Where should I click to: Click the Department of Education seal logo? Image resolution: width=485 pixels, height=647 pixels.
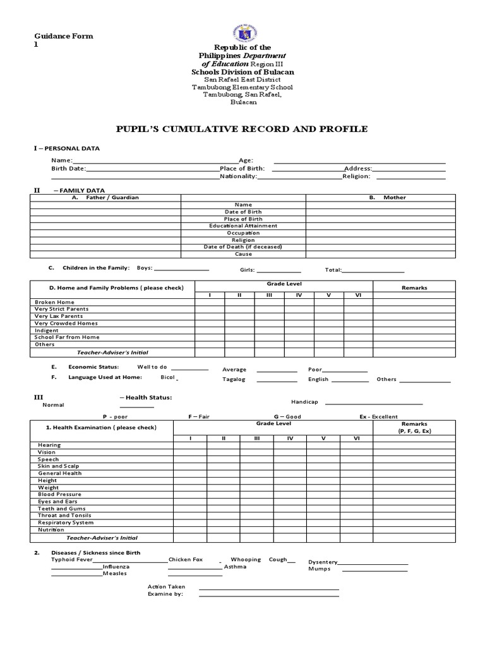242,30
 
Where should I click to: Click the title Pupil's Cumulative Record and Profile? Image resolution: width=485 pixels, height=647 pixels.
242,129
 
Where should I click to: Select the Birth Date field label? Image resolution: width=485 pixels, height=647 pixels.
68,169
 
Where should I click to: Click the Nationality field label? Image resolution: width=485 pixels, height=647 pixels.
238,177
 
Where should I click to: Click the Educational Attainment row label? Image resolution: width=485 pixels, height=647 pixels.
243,226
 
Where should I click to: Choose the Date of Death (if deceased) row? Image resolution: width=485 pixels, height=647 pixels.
243,246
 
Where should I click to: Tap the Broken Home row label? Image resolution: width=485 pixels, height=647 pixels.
54,302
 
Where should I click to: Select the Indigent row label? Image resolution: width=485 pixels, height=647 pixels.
47,330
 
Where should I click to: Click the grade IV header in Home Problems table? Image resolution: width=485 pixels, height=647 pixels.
299,295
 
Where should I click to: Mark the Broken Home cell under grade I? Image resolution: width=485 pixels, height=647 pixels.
209,302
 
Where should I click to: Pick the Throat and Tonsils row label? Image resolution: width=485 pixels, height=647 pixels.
64,516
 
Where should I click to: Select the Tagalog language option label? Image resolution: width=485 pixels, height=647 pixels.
234,380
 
